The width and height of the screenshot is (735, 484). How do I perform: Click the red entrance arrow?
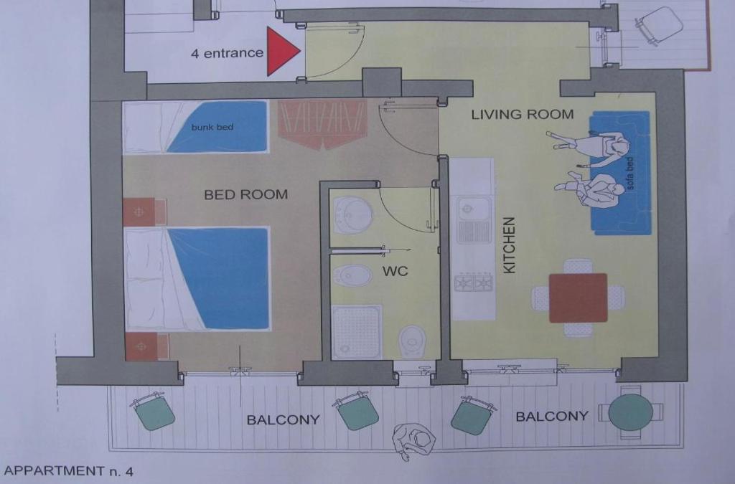[282, 51]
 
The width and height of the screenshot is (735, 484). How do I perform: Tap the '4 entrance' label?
[227, 53]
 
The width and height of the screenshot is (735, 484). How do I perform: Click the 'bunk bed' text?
[212, 127]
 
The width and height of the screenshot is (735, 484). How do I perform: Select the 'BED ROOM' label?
[245, 194]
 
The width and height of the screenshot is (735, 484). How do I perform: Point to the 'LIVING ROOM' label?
[523, 114]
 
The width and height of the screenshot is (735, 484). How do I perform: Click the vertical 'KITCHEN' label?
[509, 245]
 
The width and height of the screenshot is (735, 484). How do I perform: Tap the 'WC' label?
[395, 271]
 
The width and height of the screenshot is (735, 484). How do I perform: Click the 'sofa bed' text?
[630, 174]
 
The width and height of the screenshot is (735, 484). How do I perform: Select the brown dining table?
[578, 298]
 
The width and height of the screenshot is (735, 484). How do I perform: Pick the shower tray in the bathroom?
[357, 332]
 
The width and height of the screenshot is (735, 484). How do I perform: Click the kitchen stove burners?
[474, 283]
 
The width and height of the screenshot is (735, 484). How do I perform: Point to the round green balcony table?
[630, 412]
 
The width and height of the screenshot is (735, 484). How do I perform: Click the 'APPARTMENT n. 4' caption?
[68, 470]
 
